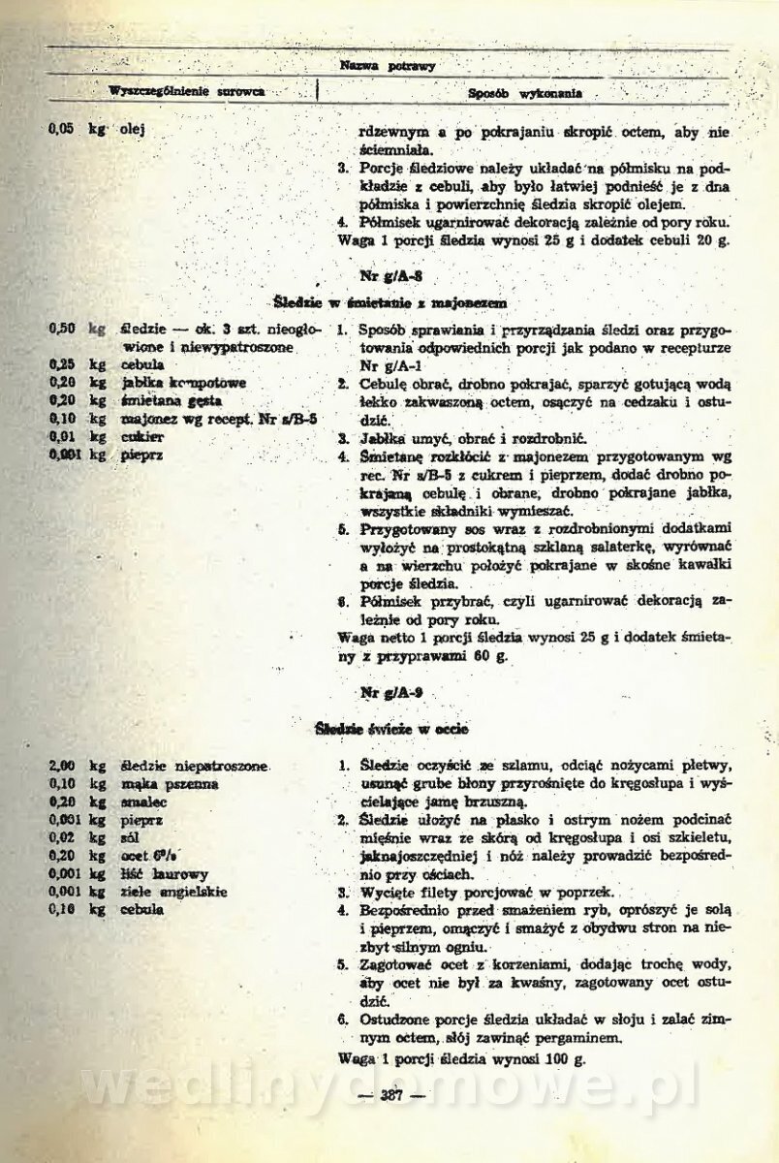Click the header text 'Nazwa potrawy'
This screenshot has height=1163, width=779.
pyautogui.click(x=387, y=67)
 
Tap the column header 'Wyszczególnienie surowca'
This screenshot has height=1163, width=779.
pyautogui.click(x=189, y=91)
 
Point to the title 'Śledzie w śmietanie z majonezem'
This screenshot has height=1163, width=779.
pyautogui.click(x=386, y=301)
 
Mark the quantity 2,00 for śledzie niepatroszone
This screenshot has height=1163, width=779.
pyautogui.click(x=63, y=766)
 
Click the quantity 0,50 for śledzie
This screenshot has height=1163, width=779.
pyautogui.click(x=63, y=330)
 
